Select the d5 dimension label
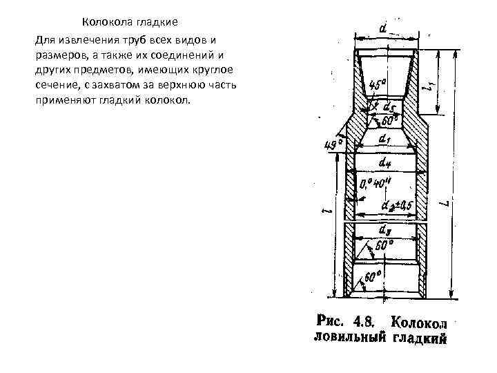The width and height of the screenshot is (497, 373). [388, 107]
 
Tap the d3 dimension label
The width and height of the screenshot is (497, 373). [386, 229]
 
